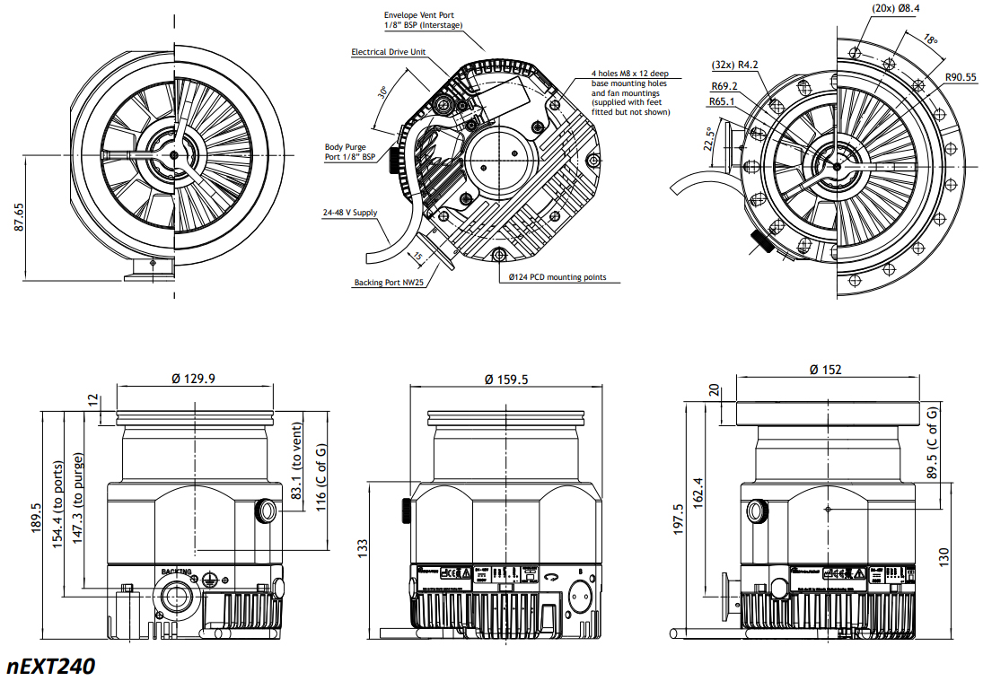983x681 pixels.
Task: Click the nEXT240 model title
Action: point(50,666)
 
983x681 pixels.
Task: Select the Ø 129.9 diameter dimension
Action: point(193,379)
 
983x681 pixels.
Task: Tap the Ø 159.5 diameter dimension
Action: point(506,380)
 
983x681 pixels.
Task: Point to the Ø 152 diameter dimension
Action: point(825,370)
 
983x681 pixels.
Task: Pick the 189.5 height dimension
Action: point(36,516)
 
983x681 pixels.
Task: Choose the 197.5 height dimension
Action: point(679,519)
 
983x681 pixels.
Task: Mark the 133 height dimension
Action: point(362,546)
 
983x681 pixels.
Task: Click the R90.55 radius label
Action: point(960,77)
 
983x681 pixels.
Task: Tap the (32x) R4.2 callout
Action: point(734,64)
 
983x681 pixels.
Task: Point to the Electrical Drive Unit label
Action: point(388,52)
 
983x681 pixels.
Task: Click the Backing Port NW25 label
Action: point(388,283)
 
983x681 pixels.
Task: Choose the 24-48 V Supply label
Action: point(350,214)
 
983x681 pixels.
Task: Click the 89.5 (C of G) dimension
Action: point(933,446)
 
